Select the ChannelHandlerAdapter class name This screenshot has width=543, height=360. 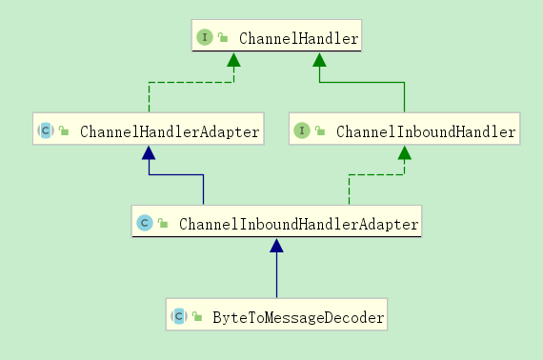click(170, 131)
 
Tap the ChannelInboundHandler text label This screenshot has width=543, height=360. click(426, 131)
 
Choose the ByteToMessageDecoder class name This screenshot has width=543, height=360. click(298, 316)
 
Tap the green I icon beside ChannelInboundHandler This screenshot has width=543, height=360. click(302, 131)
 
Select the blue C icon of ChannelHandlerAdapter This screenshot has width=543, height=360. click(45, 131)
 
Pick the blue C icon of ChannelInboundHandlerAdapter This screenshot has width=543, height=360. click(145, 224)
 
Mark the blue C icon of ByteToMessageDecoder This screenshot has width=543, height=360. click(178, 316)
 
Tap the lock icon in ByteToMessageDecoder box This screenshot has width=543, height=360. click(197, 316)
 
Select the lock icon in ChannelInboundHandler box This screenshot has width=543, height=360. click(321, 131)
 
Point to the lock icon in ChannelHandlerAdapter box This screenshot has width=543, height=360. click(64, 131)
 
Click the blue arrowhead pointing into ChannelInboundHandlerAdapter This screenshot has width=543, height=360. click(276, 246)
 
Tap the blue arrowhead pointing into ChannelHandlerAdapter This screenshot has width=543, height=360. click(149, 153)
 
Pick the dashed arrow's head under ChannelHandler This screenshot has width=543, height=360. click(233, 60)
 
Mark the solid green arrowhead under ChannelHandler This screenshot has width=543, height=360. click(320, 60)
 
